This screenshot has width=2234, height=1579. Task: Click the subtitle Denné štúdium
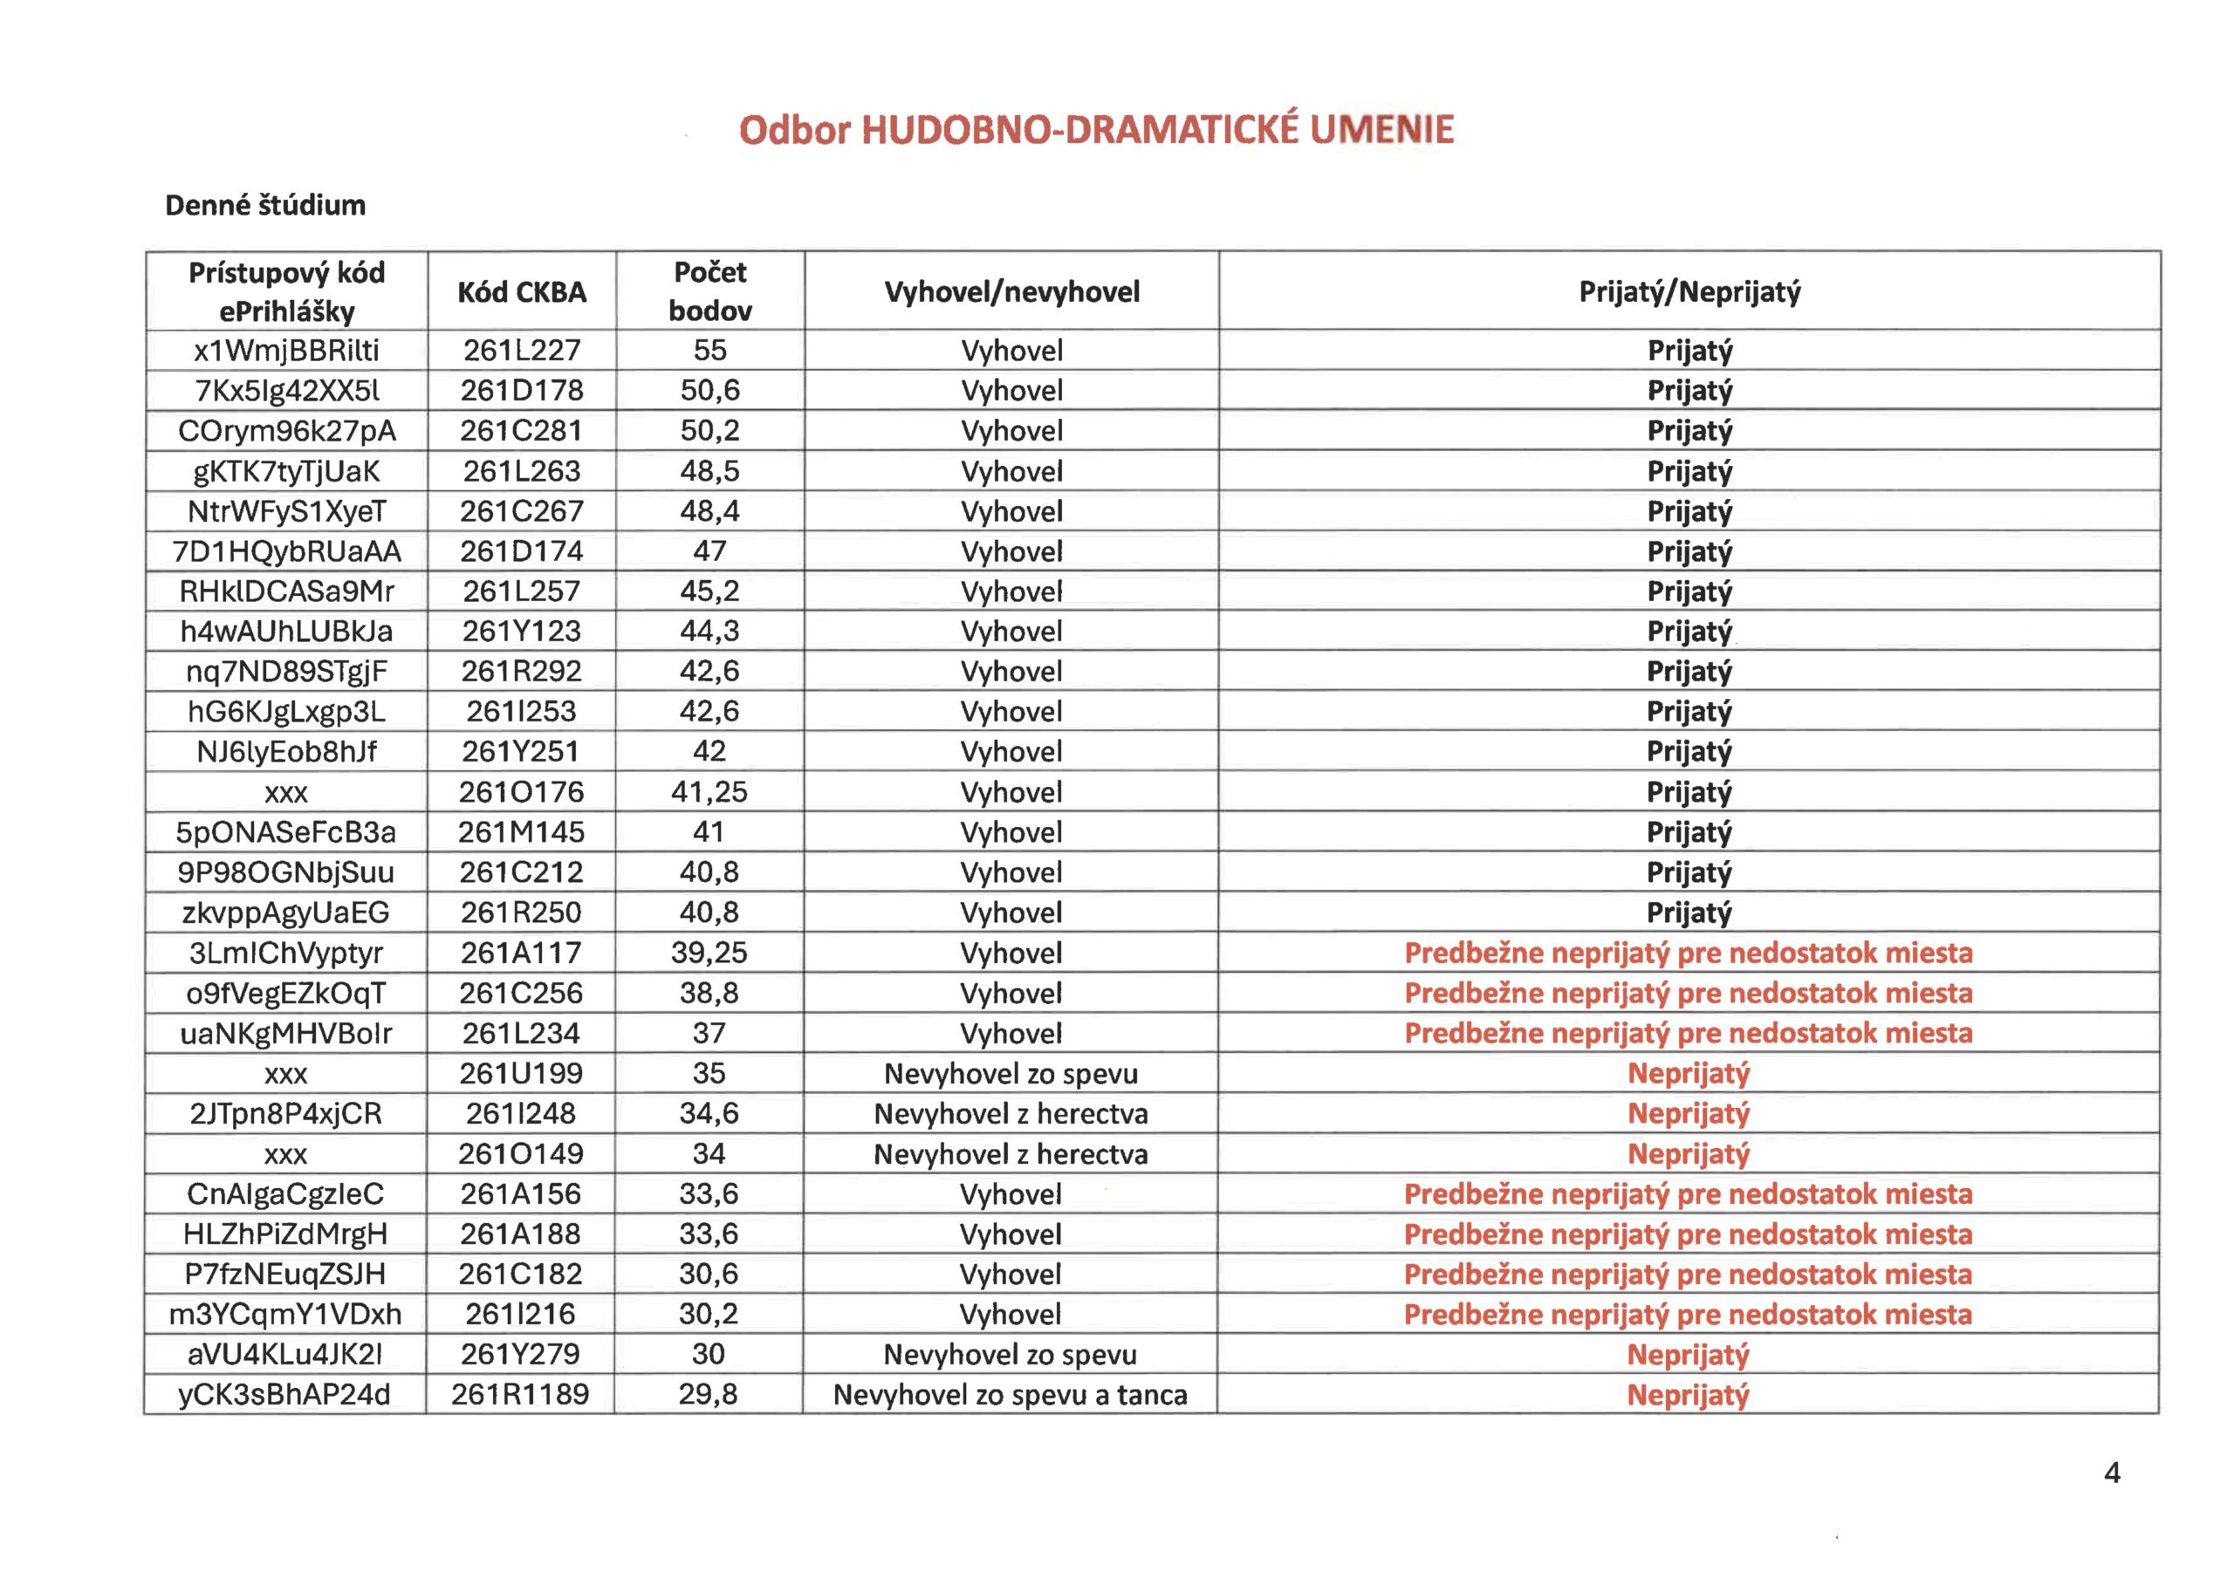(x=264, y=205)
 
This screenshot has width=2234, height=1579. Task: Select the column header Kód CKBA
(x=522, y=292)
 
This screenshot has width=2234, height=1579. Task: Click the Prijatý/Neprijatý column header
(x=1689, y=292)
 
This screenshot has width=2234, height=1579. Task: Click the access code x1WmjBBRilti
(x=286, y=350)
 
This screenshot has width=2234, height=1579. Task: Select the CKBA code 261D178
(x=522, y=390)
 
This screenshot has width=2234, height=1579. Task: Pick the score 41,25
(x=709, y=792)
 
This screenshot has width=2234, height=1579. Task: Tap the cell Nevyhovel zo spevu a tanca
(x=1010, y=1394)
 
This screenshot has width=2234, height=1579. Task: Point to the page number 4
(x=2112, y=1473)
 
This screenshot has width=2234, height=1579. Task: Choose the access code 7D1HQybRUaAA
(x=286, y=551)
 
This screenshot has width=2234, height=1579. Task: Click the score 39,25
(x=709, y=953)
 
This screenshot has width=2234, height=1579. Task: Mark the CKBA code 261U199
(x=521, y=1073)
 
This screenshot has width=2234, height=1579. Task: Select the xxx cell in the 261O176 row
(x=286, y=793)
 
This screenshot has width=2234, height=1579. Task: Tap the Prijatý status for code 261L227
(x=1689, y=350)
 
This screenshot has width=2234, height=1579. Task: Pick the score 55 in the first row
(x=710, y=350)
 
